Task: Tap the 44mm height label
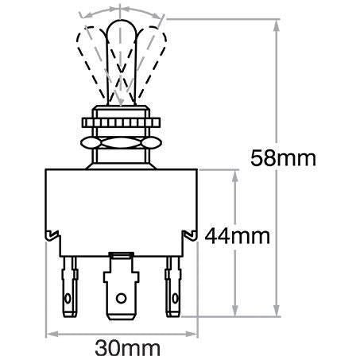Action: (238, 236)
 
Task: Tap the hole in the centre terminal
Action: (122, 300)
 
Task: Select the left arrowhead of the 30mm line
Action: (52, 331)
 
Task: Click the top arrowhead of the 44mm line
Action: (234, 173)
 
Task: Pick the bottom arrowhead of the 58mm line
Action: (277, 312)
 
